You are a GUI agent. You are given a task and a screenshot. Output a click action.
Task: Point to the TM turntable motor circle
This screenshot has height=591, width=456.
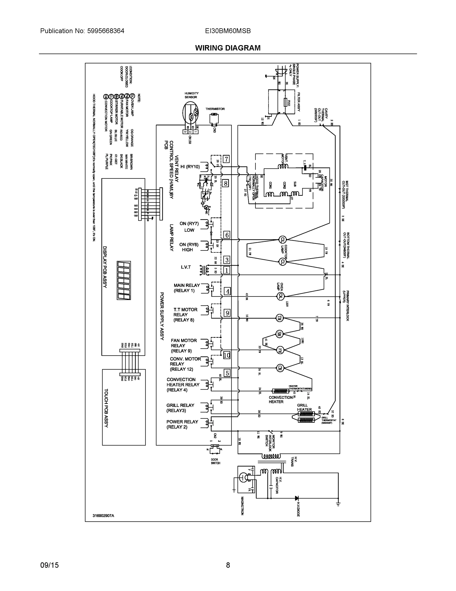tap(279, 318)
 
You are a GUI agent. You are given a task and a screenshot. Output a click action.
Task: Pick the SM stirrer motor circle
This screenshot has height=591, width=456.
tap(279, 334)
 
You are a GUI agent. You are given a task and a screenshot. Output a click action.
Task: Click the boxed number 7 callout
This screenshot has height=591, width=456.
tap(226, 159)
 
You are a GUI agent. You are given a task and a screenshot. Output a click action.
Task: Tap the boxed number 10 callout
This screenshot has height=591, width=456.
tap(227, 355)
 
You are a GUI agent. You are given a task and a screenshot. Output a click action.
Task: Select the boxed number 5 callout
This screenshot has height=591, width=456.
tap(227, 373)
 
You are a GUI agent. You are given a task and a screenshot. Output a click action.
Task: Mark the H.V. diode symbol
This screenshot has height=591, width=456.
tap(297, 498)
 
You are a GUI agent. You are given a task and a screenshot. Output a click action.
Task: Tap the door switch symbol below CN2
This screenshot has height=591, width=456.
tap(215, 450)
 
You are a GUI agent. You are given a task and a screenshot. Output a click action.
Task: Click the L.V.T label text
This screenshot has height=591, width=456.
tap(186, 267)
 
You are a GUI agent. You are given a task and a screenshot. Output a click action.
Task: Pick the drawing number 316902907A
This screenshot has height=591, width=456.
tap(103, 515)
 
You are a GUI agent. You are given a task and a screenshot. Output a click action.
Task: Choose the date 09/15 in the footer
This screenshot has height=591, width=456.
tap(49, 565)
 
